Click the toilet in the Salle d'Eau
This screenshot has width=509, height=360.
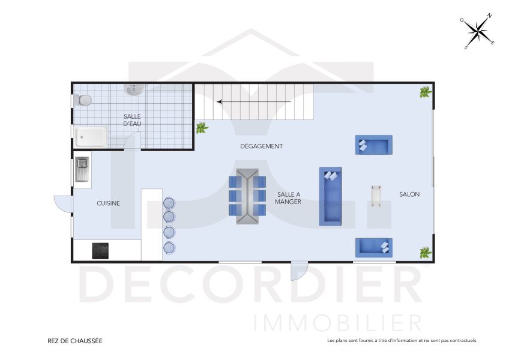(83, 100)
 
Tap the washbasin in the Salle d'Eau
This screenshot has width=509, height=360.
(134, 90)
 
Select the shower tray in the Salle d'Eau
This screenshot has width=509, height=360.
(91, 136)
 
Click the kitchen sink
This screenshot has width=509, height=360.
(82, 169)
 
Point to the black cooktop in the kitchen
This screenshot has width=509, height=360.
(101, 250)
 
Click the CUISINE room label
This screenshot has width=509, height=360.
(109, 203)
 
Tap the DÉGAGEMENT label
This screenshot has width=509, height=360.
(261, 146)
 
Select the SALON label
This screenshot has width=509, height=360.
(409, 194)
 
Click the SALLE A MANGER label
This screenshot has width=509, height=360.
(288, 198)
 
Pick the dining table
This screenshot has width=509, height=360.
(247, 196)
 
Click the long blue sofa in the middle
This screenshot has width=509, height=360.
(330, 196)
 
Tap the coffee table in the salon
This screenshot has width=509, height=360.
(376, 196)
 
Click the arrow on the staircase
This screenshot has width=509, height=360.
(255, 101)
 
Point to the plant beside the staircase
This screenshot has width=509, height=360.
(202, 127)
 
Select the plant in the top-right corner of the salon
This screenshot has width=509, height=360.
(426, 92)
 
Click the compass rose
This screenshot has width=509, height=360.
(477, 31)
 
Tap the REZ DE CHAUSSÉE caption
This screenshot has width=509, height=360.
(75, 341)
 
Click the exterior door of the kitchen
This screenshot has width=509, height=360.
(62, 204)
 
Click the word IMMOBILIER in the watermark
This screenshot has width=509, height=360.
(338, 322)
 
